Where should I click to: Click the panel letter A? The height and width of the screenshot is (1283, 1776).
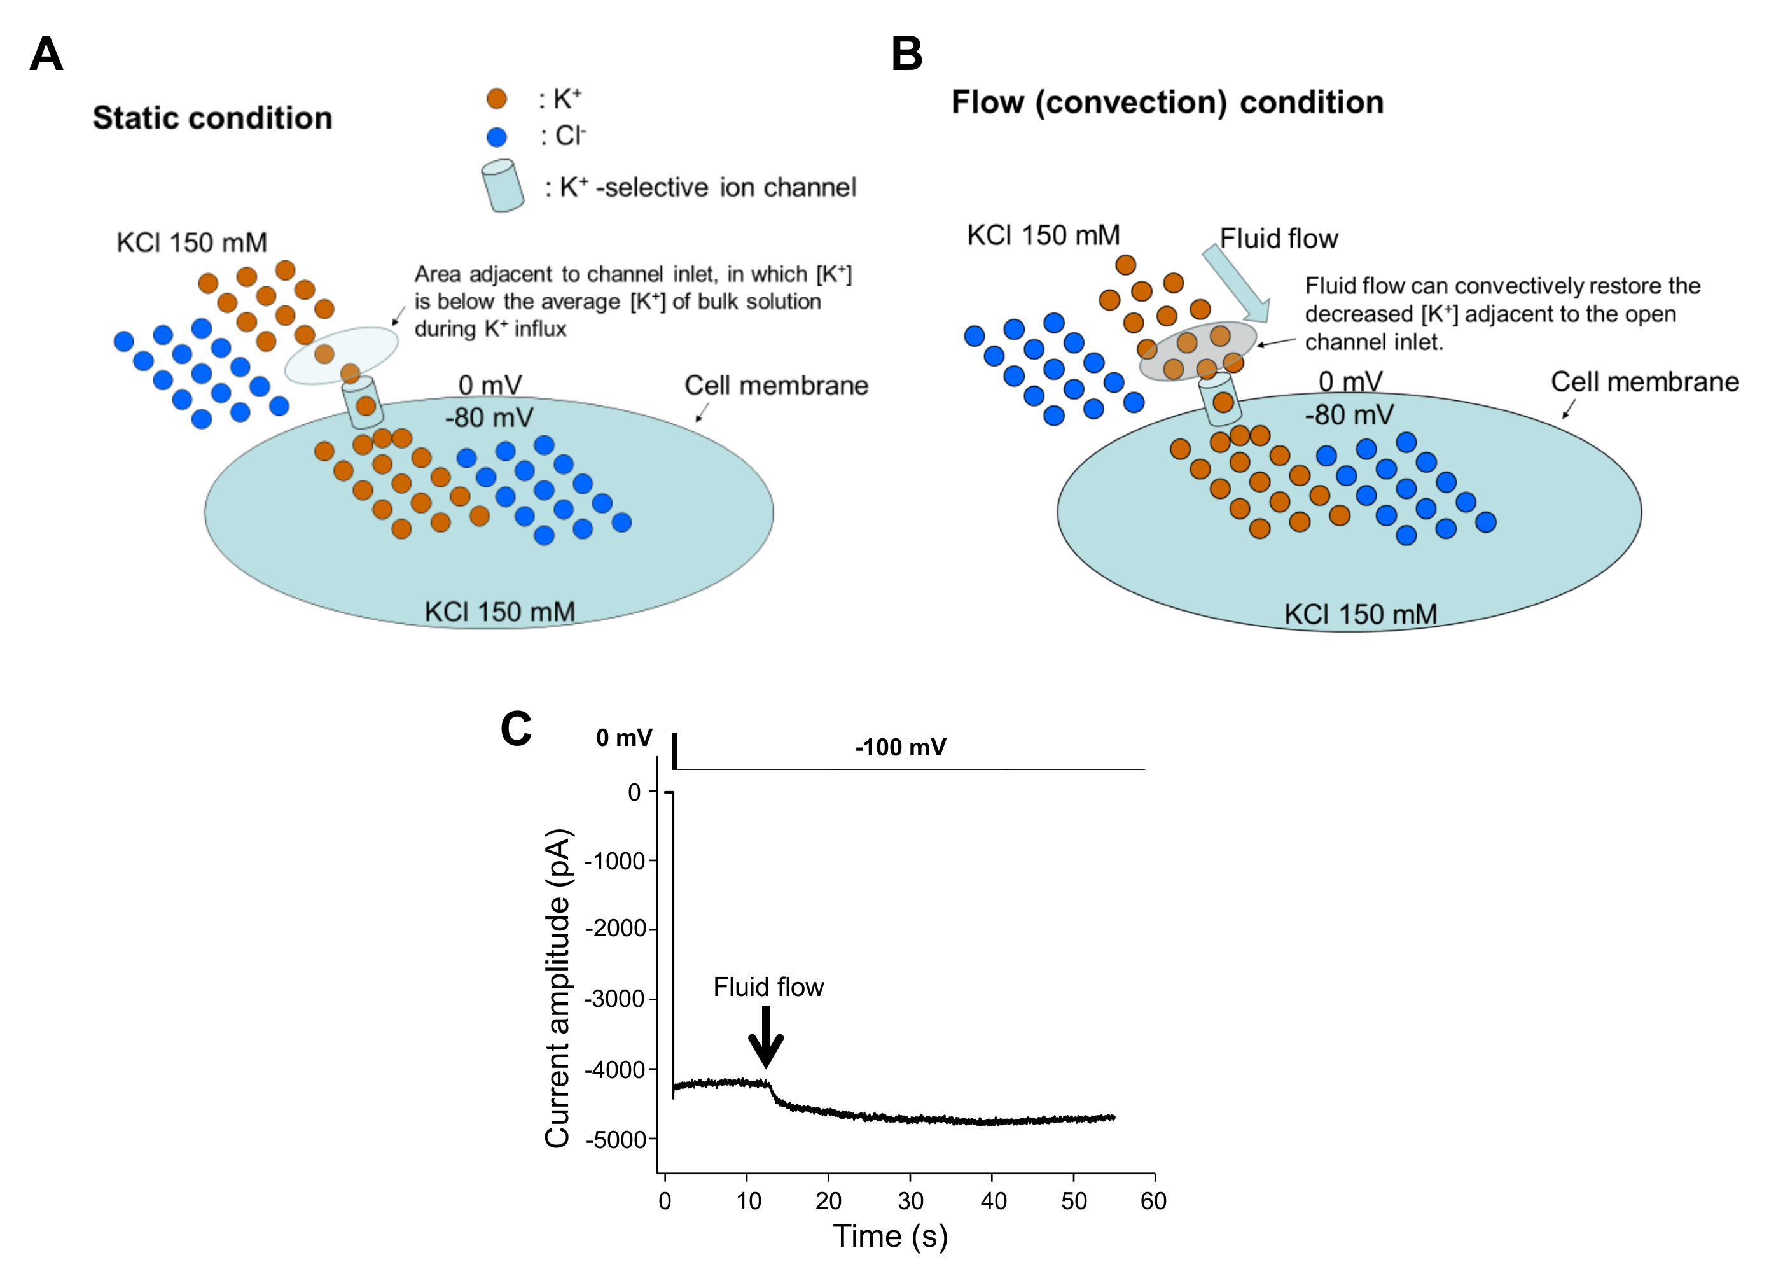pyautogui.click(x=46, y=55)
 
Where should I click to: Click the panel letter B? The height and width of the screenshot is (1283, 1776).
pyautogui.click(x=907, y=55)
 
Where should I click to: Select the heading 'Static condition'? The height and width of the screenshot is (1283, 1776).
pyautogui.click(x=212, y=118)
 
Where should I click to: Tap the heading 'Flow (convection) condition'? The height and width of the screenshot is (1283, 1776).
pyautogui.click(x=1167, y=102)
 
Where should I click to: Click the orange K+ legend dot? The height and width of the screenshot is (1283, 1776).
pyautogui.click(x=496, y=99)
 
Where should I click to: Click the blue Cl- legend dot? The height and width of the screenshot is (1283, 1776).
pyautogui.click(x=496, y=137)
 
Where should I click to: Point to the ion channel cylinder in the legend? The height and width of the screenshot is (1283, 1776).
pyautogui.click(x=503, y=186)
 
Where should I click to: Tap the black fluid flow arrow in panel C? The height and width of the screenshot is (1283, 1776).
pyautogui.click(x=766, y=1036)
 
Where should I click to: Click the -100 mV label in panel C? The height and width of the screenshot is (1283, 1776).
pyautogui.click(x=901, y=747)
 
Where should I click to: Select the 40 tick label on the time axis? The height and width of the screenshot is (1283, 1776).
pyautogui.click(x=993, y=1201)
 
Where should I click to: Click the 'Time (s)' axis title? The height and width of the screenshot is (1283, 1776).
pyautogui.click(x=891, y=1237)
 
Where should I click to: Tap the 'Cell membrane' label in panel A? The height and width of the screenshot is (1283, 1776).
pyautogui.click(x=776, y=386)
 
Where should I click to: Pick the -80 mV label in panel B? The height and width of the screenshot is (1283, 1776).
pyautogui.click(x=1349, y=414)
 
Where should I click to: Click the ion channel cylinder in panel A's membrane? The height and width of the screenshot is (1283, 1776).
pyautogui.click(x=363, y=402)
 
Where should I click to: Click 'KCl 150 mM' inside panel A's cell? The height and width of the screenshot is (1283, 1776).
pyautogui.click(x=499, y=612)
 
